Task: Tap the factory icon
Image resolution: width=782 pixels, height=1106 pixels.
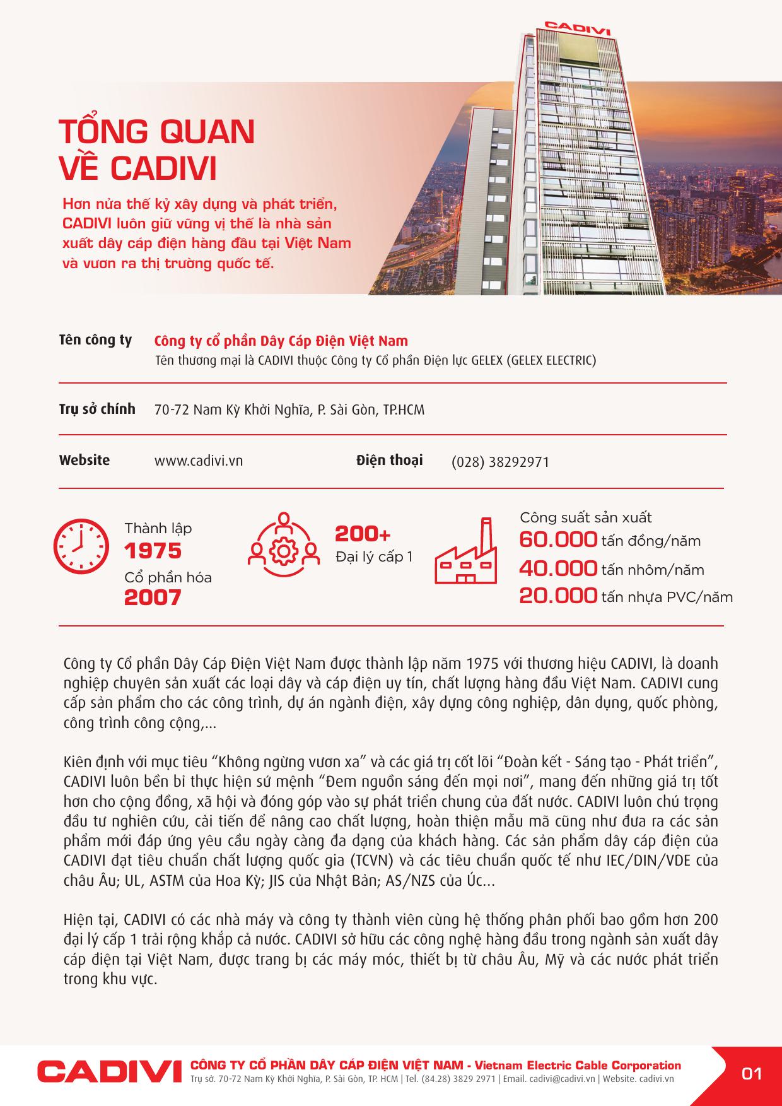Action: click(465, 551)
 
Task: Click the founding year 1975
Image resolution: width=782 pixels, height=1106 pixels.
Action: click(153, 551)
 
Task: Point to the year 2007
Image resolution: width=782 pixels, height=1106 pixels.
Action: click(153, 597)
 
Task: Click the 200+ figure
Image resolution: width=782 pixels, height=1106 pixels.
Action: click(363, 534)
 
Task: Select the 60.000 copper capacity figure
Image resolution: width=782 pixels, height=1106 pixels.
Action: click(557, 540)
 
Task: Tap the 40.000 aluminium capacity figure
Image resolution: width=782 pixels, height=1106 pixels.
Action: click(557, 568)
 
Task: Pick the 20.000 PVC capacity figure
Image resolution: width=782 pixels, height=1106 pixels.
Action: click(557, 596)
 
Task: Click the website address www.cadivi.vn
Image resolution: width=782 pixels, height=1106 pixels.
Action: click(199, 461)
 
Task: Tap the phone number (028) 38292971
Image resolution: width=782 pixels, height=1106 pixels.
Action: click(500, 462)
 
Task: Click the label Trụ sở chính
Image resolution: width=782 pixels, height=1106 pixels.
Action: click(97, 409)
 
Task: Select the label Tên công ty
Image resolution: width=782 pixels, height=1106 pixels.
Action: click(95, 340)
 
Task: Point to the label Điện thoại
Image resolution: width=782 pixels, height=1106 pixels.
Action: click(389, 460)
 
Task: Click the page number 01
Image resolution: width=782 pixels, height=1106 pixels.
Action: click(752, 1073)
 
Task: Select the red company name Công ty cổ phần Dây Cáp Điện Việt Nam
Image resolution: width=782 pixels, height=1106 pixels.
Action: click(281, 341)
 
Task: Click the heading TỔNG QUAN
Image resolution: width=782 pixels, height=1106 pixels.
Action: click(157, 131)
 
